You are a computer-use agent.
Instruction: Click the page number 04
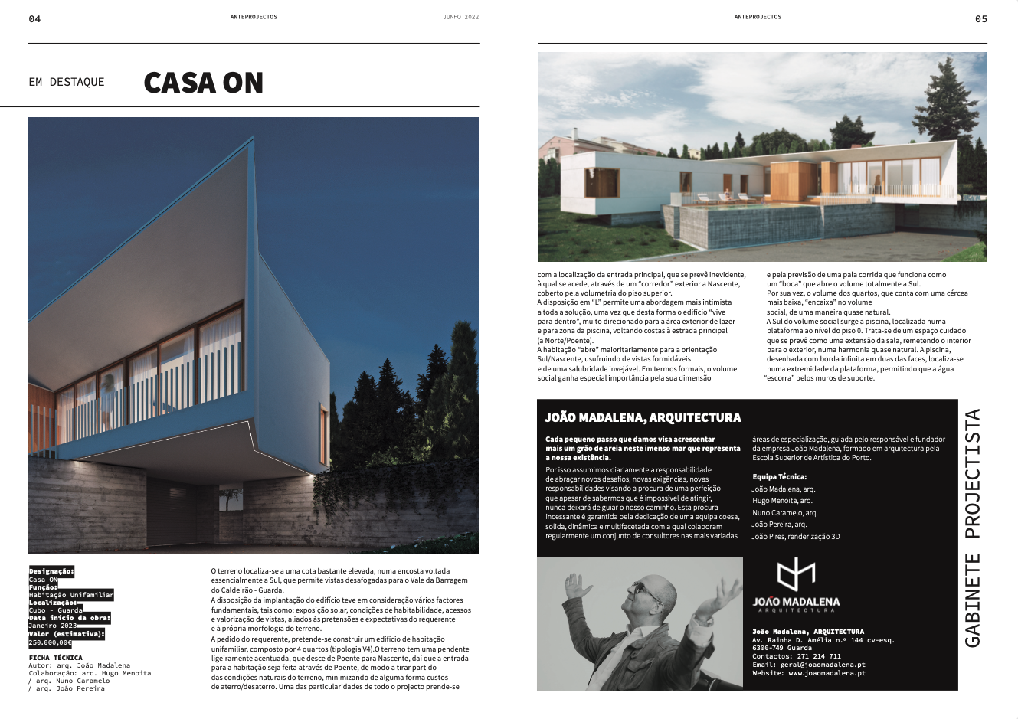pos(34,19)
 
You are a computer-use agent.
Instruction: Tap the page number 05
pos(981,19)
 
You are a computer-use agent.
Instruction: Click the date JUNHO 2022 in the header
pos(460,17)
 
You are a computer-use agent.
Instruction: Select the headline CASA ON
pos(203,83)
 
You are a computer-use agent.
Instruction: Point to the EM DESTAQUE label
pos(67,82)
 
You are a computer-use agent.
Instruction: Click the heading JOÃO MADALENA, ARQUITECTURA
pos(643,418)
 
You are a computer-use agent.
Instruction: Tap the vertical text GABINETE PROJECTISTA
pos(972,528)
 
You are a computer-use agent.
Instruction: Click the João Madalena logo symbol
pos(796,575)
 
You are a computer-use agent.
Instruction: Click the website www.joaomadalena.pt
pos(827,673)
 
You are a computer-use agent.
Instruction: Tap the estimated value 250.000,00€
pos(50,642)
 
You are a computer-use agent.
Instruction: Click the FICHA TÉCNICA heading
pos(55,658)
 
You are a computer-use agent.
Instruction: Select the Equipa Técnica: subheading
pos(779,477)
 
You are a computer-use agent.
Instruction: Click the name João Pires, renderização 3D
pos(795,537)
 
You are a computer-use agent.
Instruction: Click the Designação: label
pos(51,571)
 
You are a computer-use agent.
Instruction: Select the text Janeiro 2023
pos(53,626)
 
